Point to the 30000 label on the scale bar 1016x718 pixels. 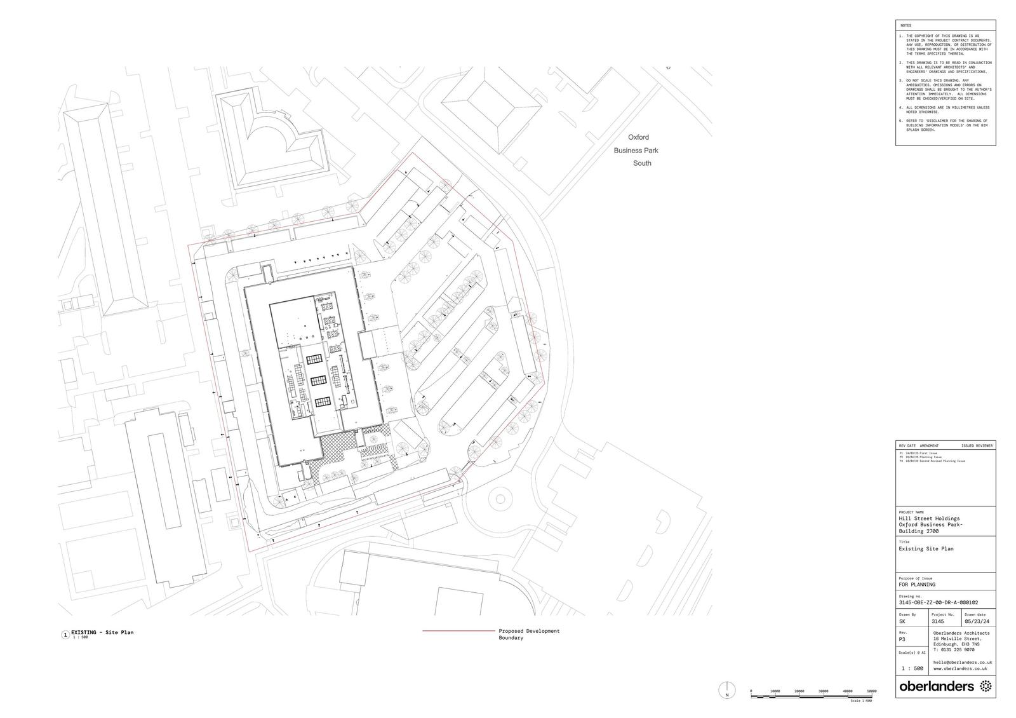(824, 691)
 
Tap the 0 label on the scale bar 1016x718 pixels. (751, 691)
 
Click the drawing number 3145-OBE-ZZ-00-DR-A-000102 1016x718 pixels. (938, 602)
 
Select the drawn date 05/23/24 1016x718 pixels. (977, 621)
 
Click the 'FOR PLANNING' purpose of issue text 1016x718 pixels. (916, 584)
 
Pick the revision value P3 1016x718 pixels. (902, 640)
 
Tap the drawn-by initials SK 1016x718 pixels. (902, 621)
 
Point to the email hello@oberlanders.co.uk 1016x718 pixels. (962, 662)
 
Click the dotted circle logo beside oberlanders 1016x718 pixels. (986, 686)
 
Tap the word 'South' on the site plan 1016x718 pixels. (642, 163)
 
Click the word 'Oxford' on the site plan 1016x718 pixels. (638, 137)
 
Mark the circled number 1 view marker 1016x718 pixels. (65, 635)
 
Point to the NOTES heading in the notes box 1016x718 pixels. (906, 25)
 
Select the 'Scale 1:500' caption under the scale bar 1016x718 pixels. (861, 701)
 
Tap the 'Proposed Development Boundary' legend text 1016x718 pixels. (529, 634)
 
